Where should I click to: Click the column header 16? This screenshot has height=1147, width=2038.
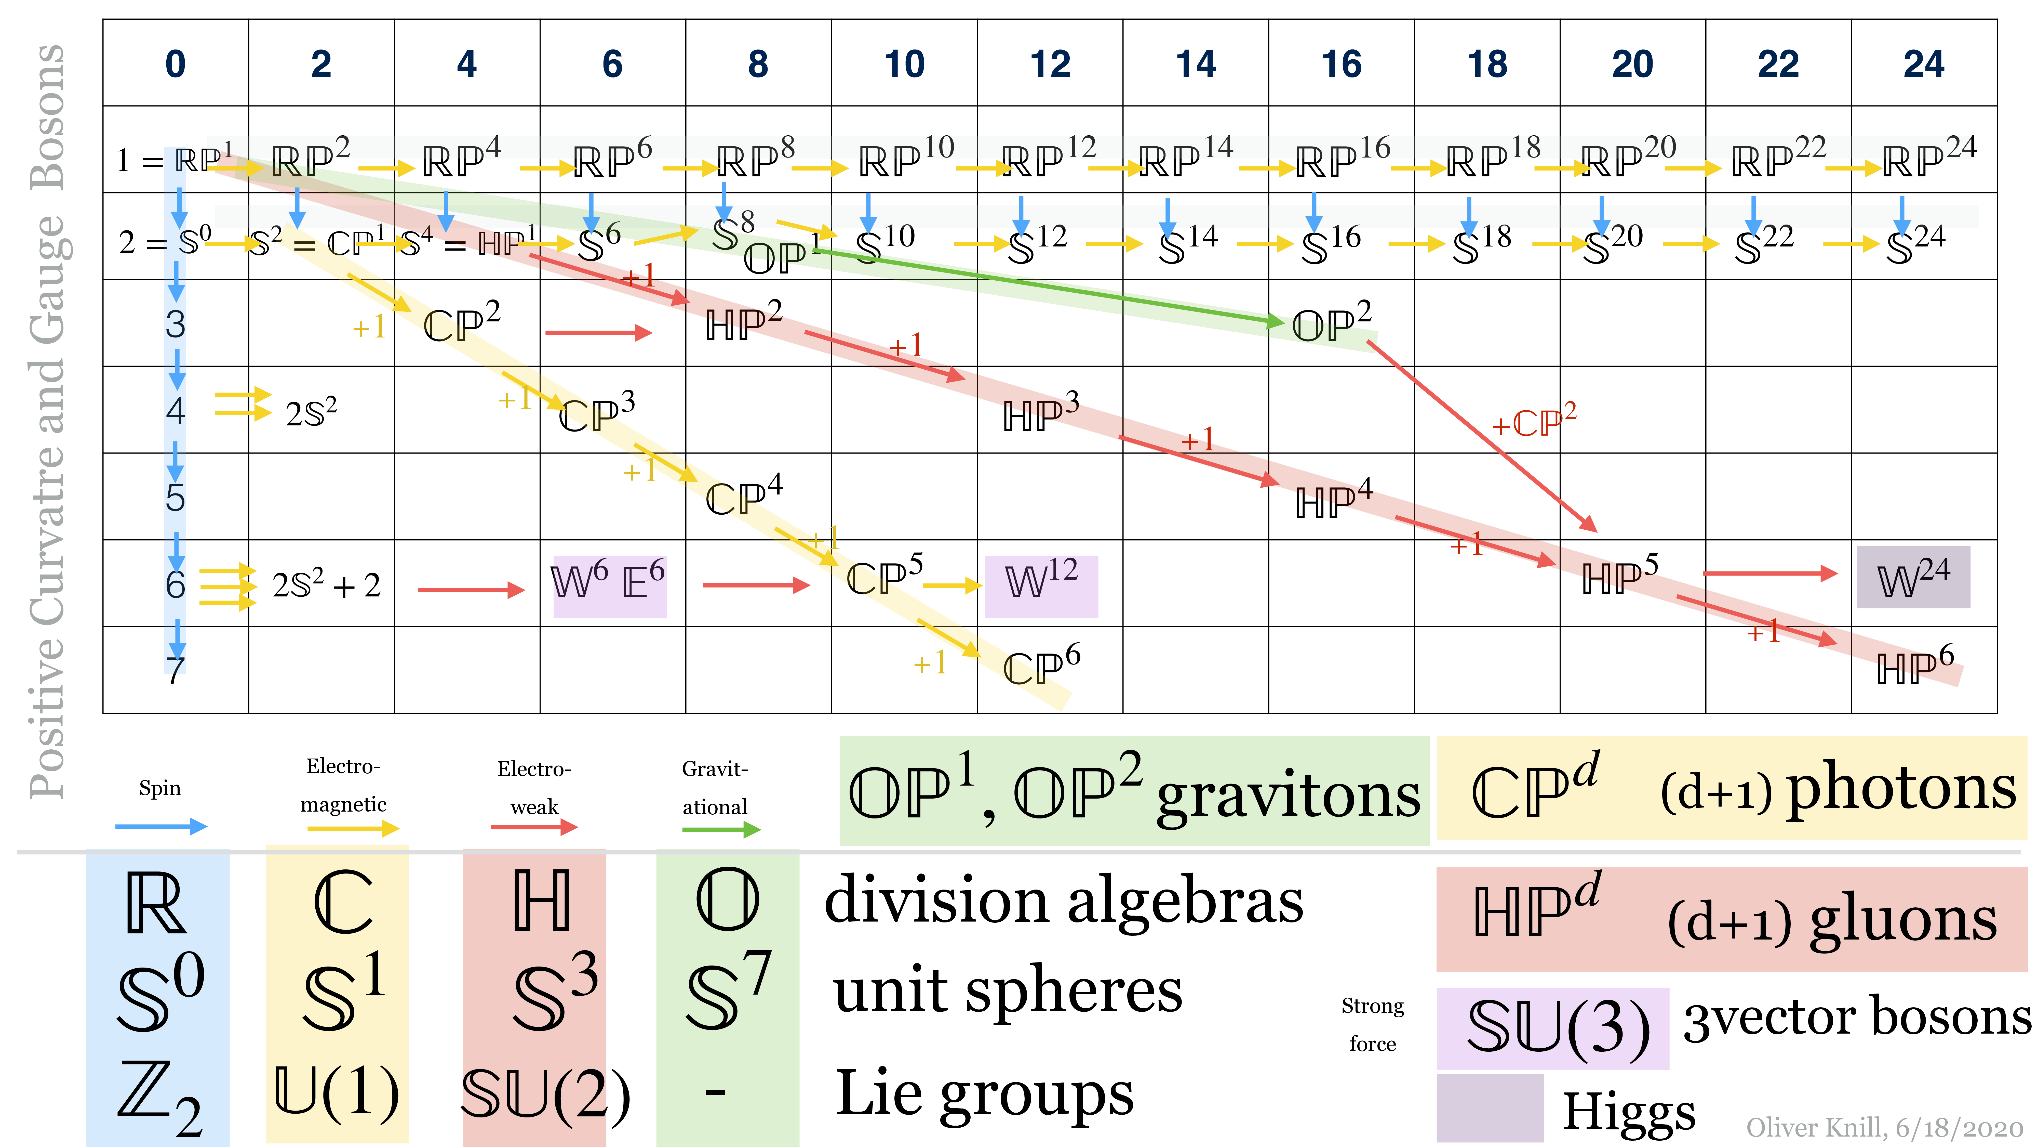(x=1341, y=63)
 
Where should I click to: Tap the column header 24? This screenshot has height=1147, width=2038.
(x=1923, y=63)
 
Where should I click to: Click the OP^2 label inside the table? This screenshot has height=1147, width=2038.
(x=1332, y=322)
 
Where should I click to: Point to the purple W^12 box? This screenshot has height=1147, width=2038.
(x=1041, y=580)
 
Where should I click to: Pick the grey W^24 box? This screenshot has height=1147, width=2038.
(x=1913, y=578)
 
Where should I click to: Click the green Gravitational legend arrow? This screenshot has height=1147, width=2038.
(x=721, y=830)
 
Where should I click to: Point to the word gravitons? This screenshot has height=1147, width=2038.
(x=1288, y=796)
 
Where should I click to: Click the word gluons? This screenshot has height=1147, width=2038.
(x=1903, y=921)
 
